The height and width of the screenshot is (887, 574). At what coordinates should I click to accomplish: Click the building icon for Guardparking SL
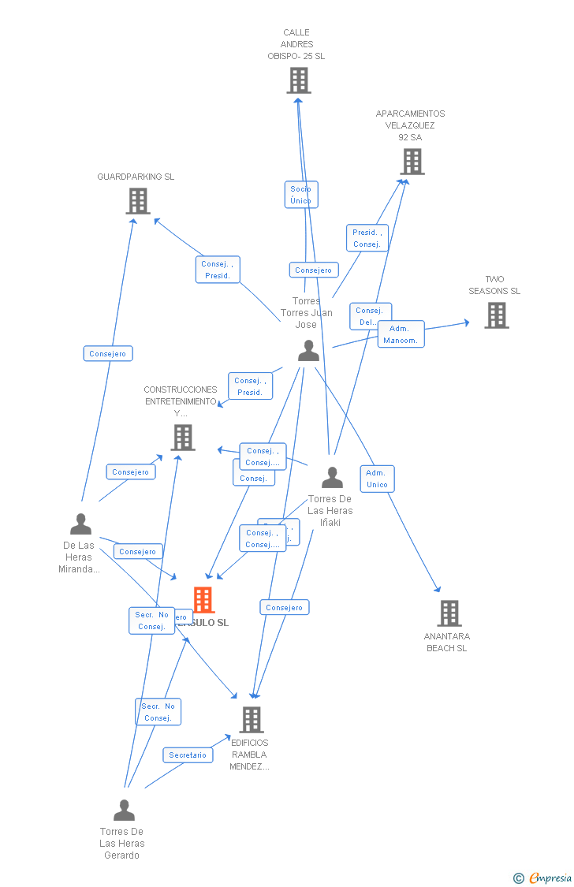tap(138, 201)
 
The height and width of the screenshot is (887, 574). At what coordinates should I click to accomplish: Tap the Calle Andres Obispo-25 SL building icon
tap(299, 80)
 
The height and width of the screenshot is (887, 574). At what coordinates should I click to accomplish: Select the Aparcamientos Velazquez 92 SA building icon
tap(412, 162)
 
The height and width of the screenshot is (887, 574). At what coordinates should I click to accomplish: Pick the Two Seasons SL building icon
tap(496, 315)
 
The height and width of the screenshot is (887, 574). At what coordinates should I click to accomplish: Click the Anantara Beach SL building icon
tap(449, 613)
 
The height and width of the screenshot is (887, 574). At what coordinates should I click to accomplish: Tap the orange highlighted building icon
tap(203, 600)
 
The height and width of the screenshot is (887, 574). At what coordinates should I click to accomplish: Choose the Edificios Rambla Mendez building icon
tap(251, 719)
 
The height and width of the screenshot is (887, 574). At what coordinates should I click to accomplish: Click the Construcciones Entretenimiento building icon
tap(182, 437)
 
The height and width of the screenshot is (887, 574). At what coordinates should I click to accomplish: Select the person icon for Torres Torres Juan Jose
tap(308, 351)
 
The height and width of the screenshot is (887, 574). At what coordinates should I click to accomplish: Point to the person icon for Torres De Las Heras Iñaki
tap(332, 478)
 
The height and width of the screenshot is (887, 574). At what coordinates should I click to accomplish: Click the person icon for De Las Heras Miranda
tap(80, 524)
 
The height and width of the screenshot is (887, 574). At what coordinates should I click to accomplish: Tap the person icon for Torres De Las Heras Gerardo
tap(124, 811)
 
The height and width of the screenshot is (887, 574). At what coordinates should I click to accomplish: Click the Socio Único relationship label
tap(300, 195)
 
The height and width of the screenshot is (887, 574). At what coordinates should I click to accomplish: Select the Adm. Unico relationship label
tap(377, 479)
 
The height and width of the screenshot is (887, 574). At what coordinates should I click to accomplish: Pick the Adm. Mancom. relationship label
tap(401, 334)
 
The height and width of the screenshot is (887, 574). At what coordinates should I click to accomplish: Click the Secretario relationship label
tap(188, 755)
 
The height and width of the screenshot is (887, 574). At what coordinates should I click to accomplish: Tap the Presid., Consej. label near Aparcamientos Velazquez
tap(367, 238)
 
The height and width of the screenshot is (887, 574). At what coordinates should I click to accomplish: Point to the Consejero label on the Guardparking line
tap(108, 354)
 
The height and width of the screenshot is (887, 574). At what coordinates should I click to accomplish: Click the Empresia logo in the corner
tap(544, 878)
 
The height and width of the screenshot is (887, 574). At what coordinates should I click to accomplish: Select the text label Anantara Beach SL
tap(446, 642)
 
